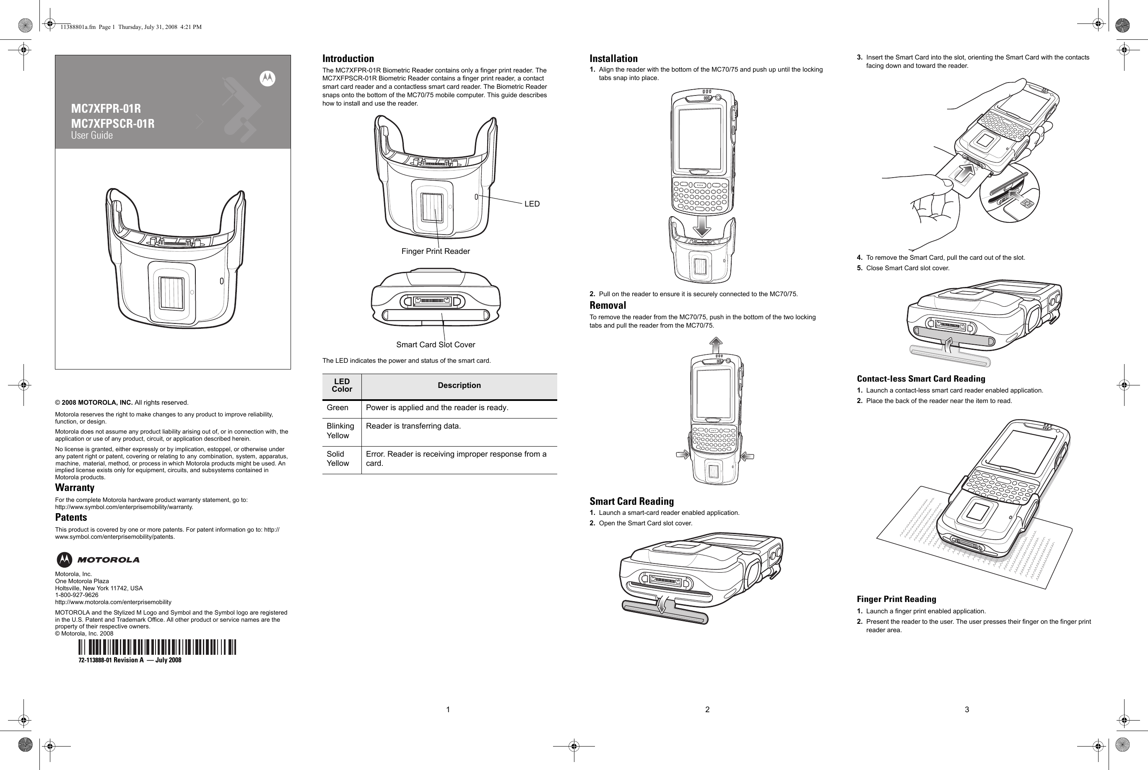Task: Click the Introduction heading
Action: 348,58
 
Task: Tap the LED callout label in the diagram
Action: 532,204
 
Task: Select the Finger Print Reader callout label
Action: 435,251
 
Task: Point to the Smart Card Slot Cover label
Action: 435,345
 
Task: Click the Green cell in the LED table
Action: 338,408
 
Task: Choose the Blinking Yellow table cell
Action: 340,431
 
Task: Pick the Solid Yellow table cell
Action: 338,459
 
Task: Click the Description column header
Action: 459,385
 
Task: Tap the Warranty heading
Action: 75,488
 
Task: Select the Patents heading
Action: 71,517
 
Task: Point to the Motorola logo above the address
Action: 98,560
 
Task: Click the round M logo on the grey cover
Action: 268,79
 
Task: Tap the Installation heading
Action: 613,58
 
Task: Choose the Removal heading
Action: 608,305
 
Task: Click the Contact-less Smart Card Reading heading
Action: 921,379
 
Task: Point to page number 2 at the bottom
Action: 707,709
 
